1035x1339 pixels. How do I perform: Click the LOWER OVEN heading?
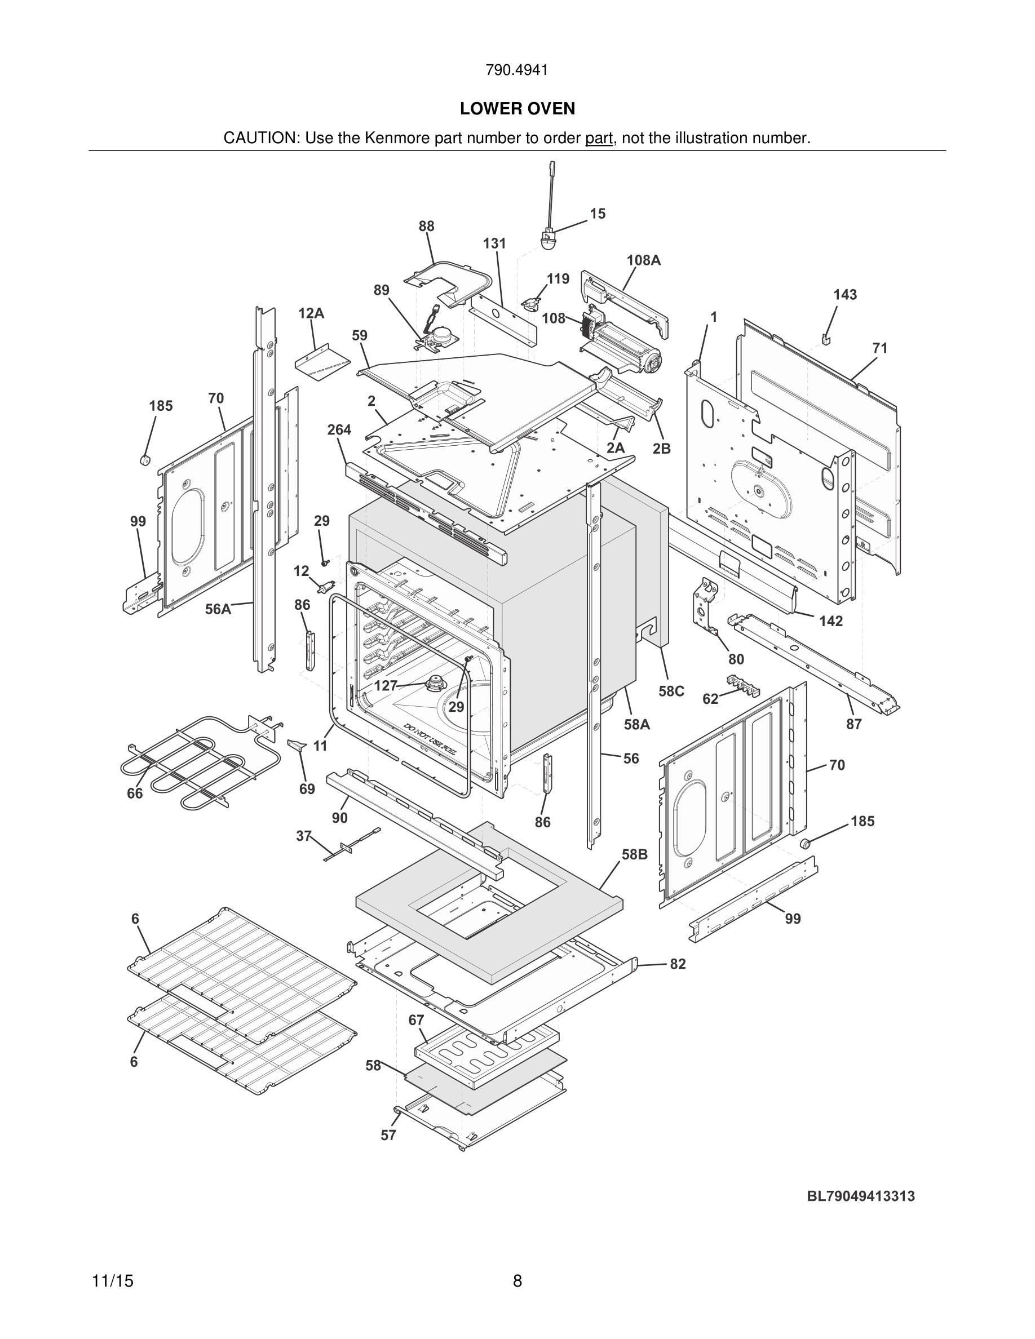(x=517, y=109)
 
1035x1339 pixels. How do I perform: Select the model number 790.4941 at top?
(x=516, y=70)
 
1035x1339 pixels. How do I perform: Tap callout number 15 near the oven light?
(x=597, y=214)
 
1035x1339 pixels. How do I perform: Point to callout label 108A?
(x=643, y=260)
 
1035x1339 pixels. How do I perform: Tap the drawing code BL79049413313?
(x=860, y=1196)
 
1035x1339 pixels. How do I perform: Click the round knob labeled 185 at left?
(x=146, y=460)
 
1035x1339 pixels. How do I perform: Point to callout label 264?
(x=339, y=431)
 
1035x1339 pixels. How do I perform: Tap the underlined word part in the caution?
(x=599, y=139)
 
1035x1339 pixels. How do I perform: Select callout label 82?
(x=677, y=964)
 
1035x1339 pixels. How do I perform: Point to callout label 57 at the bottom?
(x=388, y=1136)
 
